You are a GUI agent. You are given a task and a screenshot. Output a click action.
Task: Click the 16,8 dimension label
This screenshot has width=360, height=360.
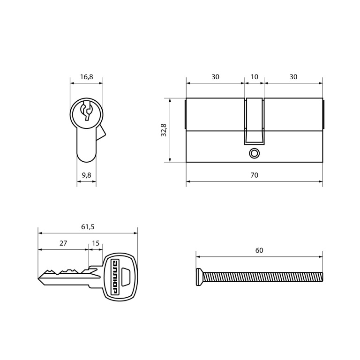coord(87,77)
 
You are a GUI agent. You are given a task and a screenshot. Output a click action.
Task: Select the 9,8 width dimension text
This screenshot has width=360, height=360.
coord(87,175)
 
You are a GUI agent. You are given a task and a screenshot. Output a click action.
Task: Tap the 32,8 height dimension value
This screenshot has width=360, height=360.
coord(164,130)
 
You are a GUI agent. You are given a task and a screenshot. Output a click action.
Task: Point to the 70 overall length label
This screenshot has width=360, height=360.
coord(254,175)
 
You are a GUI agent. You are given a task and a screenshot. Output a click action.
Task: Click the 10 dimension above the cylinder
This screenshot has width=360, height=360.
coord(254,77)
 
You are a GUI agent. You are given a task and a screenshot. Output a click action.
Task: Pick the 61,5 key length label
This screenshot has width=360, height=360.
coord(88,227)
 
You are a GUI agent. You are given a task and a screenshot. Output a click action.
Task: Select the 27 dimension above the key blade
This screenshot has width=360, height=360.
coord(63,243)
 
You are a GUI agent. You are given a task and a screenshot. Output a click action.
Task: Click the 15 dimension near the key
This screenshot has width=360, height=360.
coord(96,243)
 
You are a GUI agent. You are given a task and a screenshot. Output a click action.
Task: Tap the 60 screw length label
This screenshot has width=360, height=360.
coord(259,250)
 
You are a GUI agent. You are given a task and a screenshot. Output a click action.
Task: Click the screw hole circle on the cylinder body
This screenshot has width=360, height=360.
coord(254,153)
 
